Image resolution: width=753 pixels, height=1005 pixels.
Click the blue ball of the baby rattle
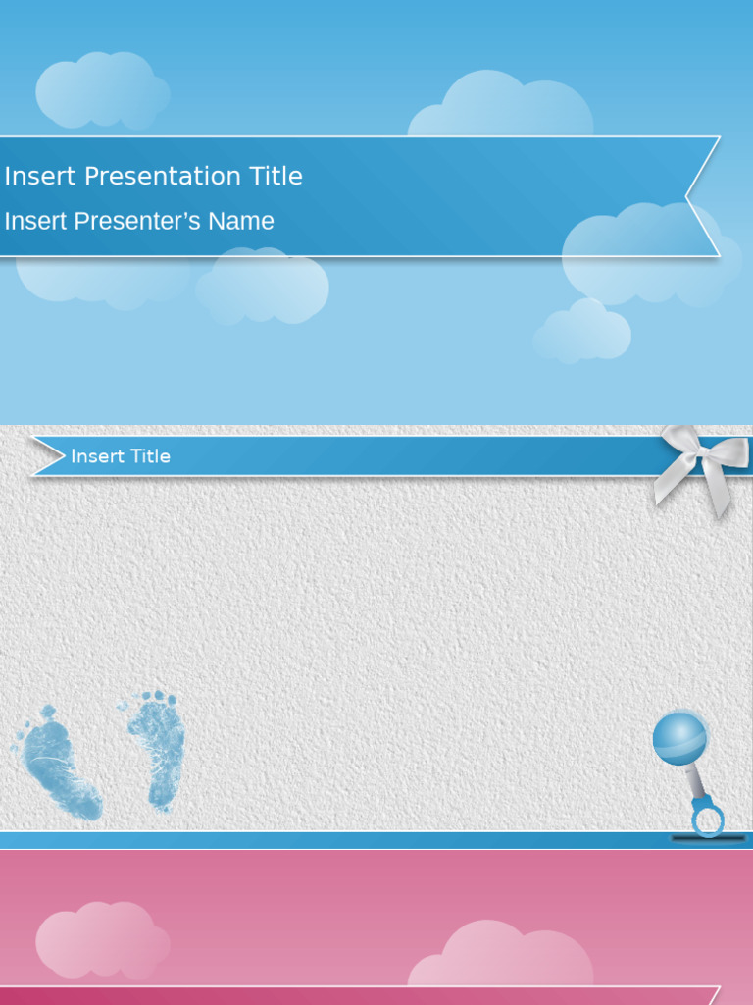[x=679, y=738]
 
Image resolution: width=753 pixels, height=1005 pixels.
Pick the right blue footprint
[x=157, y=748]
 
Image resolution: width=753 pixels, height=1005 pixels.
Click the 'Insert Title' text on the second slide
[x=121, y=456]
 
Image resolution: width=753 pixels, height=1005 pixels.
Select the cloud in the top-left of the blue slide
[x=101, y=90]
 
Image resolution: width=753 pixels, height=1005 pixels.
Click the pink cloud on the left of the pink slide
[x=101, y=940]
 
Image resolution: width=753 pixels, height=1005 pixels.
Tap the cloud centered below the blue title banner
[x=263, y=287]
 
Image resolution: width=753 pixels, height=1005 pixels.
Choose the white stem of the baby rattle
[x=695, y=782]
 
